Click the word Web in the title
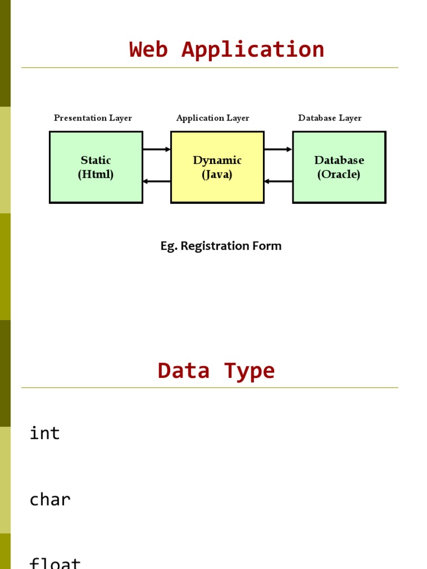[149, 49]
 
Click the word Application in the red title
[253, 49]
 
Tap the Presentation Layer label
[93, 118]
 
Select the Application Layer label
[213, 118]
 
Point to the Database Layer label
[330, 118]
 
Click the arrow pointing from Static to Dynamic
[157, 149]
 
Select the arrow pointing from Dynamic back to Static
[157, 181]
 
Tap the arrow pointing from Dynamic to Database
[278, 149]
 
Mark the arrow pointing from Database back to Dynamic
[278, 181]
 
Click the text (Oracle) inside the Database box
[339, 174]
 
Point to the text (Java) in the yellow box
[217, 174]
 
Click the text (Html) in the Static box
[96, 174]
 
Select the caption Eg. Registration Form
[221, 246]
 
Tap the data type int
[44, 433]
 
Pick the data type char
[50, 500]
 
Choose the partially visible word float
[55, 563]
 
